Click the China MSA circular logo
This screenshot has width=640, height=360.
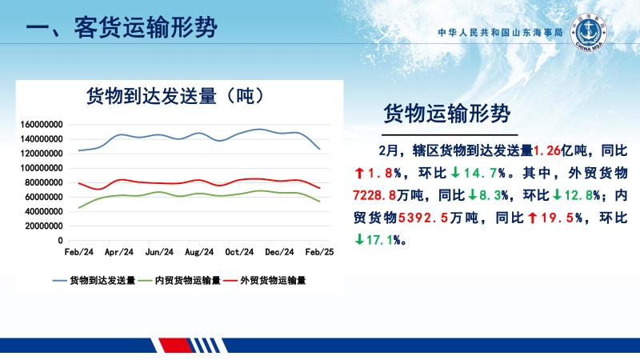tap(588, 32)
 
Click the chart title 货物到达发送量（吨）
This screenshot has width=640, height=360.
tap(176, 96)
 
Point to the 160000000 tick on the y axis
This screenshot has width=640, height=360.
tap(42, 125)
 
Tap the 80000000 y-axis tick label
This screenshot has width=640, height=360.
tap(44, 182)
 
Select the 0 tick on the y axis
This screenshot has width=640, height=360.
tap(60, 241)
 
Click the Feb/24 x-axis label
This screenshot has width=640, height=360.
tap(78, 252)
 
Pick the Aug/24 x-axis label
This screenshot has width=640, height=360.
tap(199, 252)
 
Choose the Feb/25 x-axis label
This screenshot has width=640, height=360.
tap(319, 252)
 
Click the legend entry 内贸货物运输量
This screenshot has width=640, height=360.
tap(179, 281)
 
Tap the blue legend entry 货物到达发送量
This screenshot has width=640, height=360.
tap(94, 281)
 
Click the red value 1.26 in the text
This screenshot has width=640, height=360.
tap(547, 150)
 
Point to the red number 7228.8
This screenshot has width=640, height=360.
tap(374, 195)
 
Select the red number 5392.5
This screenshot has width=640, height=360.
tap(423, 218)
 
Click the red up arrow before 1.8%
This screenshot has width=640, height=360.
tap(359, 173)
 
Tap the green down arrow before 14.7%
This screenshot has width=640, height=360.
tap(455, 173)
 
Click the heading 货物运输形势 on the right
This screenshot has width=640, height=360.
tap(447, 113)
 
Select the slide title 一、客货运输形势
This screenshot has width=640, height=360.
tap(122, 28)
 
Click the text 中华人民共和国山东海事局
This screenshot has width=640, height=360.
tap(501, 33)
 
